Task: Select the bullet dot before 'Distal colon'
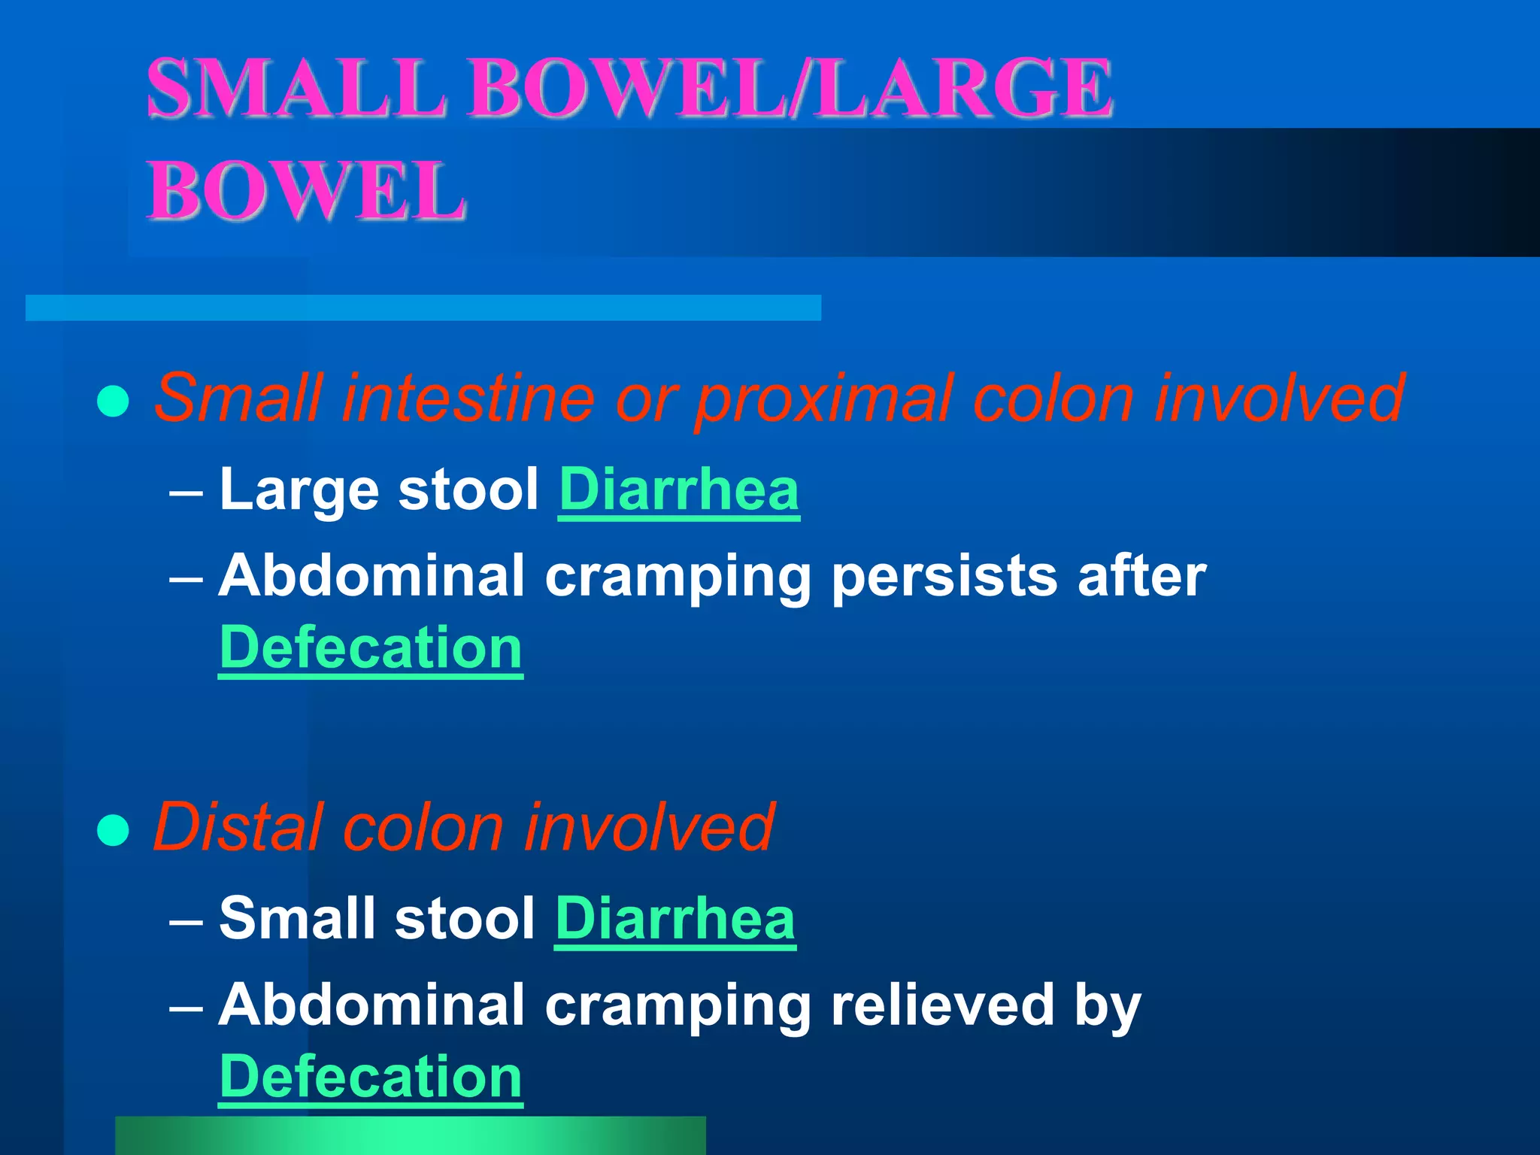[x=114, y=830]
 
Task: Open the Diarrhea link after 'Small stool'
[x=675, y=920]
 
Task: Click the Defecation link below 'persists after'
[x=371, y=648]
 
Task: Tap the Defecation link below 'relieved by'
[x=371, y=1077]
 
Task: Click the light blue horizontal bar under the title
[x=423, y=308]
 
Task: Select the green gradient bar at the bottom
[x=411, y=1135]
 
